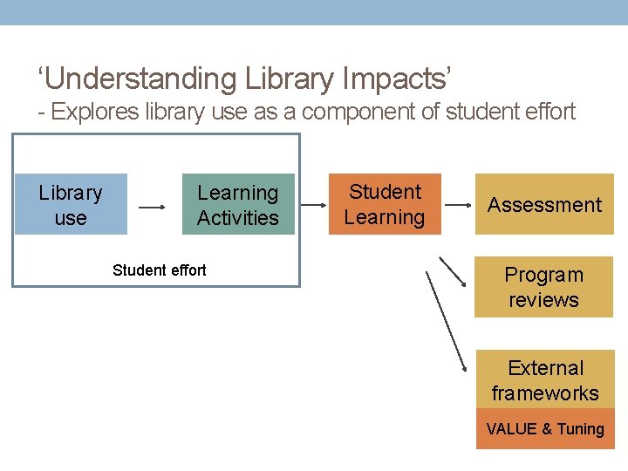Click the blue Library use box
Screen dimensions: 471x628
coord(71,205)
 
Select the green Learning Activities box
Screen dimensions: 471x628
coord(238,205)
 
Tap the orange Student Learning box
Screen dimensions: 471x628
coord(385,205)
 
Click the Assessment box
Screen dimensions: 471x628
coord(544,205)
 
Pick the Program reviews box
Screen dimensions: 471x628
coord(544,287)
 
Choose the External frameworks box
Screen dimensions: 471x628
coord(545,380)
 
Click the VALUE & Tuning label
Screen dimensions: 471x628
coord(545,429)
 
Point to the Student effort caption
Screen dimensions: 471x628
coord(160,270)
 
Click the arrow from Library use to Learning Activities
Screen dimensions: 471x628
coord(153,208)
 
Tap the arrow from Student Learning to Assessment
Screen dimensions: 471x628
coord(458,207)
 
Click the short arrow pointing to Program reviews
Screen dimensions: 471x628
coord(452,271)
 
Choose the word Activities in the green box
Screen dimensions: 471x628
coord(238,218)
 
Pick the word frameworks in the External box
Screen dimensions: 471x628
coord(545,393)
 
